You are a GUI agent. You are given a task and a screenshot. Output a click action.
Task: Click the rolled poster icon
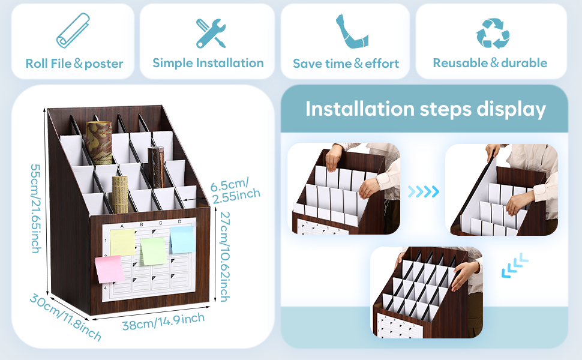point(74,31)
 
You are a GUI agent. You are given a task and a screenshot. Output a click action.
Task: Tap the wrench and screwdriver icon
point(211,32)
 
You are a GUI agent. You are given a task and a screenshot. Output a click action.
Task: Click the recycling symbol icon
point(492,32)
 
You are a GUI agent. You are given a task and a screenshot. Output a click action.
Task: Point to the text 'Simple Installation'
point(208,63)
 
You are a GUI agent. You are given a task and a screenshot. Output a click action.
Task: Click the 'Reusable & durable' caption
point(490,63)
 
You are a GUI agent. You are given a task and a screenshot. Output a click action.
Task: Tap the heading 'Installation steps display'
point(425,109)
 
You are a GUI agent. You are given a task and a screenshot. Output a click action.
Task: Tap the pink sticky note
point(109,269)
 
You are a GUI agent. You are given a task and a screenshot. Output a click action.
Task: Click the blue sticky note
point(181,239)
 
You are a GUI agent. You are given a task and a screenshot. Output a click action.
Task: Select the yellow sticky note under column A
point(122,242)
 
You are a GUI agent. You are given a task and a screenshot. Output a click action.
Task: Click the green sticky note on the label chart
point(152,250)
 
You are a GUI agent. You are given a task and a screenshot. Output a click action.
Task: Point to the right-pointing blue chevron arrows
point(424,191)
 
